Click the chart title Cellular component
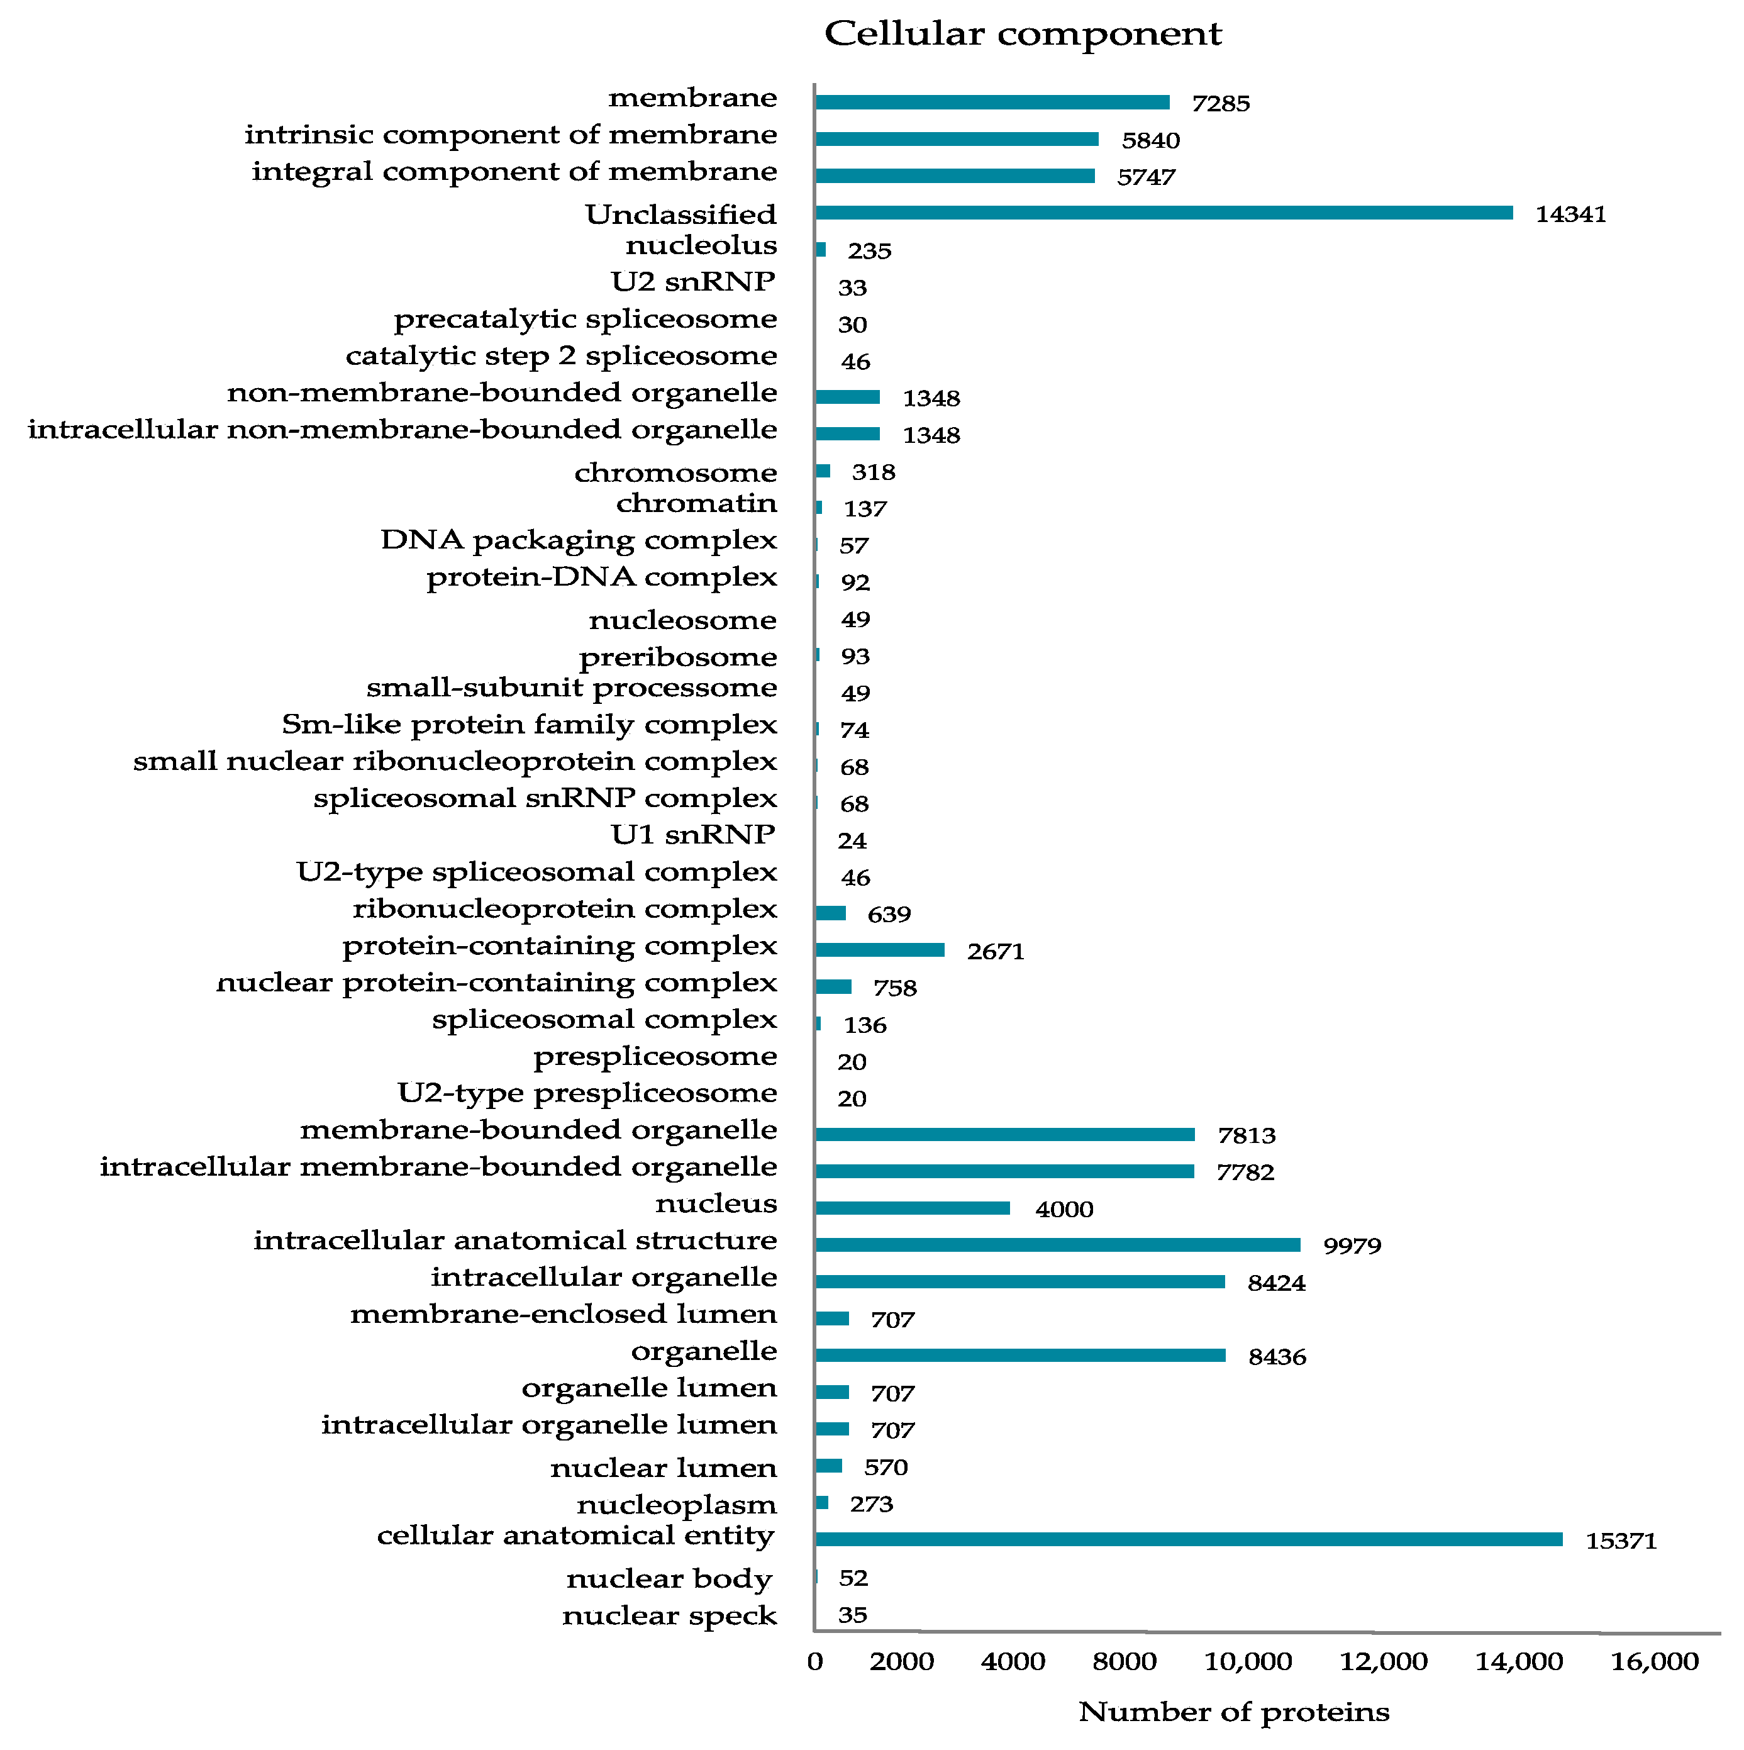coord(1023,35)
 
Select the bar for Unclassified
coord(1164,213)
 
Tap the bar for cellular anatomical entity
coord(1188,1540)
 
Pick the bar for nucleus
coord(912,1208)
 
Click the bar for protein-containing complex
coord(879,950)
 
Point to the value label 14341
coord(1570,215)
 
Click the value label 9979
coord(1352,1246)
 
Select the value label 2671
coord(995,952)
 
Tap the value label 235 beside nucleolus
coord(869,251)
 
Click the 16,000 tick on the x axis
coord(1654,1662)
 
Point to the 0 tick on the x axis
coord(815,1662)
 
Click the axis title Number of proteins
coord(1233,1712)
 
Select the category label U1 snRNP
coord(692,834)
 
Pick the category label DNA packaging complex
coord(579,540)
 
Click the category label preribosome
coord(677,657)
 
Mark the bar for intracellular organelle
coord(1019,1282)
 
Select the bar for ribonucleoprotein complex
coord(830,913)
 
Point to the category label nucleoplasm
coord(677,1505)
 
